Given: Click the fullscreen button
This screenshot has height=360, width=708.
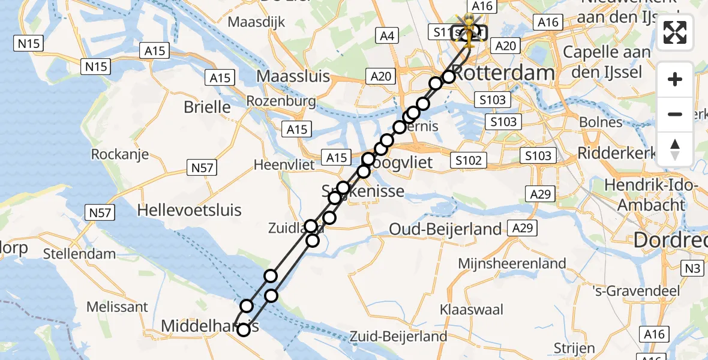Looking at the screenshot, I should (675, 32).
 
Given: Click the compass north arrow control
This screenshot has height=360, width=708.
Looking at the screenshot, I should (675, 149).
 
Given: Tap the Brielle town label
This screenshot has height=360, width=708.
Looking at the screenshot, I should (207, 107).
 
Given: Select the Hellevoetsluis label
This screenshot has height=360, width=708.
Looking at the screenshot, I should (189, 210).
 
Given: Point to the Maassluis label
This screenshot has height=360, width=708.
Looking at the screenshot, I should (293, 77).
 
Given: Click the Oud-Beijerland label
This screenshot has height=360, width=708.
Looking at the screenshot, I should (445, 229).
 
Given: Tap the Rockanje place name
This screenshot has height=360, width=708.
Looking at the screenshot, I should (120, 155).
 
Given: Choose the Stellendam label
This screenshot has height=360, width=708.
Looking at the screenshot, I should (80, 254).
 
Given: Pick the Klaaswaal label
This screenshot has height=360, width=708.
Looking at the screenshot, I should (471, 310).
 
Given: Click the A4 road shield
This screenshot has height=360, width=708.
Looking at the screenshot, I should (387, 36).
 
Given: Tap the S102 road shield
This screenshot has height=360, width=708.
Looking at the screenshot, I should (469, 160).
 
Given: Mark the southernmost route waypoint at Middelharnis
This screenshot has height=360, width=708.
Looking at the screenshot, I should (244, 329).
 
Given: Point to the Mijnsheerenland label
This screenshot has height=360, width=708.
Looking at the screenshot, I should (512, 263).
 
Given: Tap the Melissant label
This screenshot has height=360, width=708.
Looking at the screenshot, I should (117, 307).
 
